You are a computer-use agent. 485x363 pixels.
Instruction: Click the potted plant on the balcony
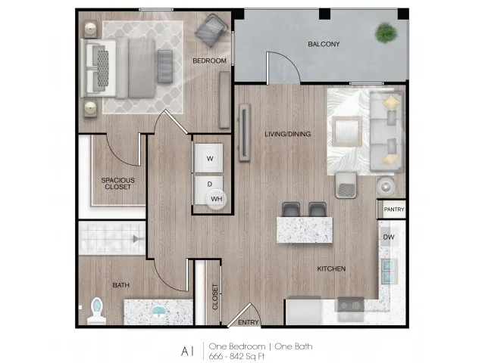pos(386,33)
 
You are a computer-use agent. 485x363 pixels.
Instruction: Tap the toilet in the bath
pos(96,311)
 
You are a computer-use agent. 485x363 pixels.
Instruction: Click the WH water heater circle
pos(217,199)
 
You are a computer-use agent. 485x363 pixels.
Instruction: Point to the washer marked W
pos(209,158)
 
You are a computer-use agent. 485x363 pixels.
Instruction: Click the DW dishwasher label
pos(389,237)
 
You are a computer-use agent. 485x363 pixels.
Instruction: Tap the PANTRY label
pos(394,209)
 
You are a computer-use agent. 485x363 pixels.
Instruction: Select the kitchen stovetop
pos(350,306)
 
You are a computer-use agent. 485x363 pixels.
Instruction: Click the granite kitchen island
pos(305,230)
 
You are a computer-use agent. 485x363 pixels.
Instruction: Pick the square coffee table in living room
pos(347,131)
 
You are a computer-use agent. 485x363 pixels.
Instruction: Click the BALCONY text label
pos(324,44)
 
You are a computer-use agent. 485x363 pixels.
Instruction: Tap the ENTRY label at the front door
pos(249,322)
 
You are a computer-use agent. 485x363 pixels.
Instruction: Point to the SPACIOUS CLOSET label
pos(118,183)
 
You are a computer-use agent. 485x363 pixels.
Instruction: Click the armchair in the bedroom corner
pos(211,30)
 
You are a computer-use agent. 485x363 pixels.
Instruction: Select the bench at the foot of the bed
pos(165,66)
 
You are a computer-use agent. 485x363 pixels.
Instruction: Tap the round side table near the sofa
pos(386,187)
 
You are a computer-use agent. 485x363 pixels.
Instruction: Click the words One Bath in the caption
pos(293,346)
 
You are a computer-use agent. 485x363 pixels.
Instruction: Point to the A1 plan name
pos(187,351)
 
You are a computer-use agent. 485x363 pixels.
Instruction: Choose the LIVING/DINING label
pos(288,134)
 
